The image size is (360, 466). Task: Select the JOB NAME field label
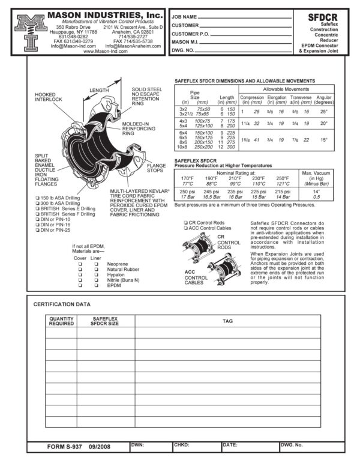click(185, 17)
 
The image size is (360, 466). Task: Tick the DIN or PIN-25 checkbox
click(37, 230)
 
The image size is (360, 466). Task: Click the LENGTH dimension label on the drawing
click(99, 91)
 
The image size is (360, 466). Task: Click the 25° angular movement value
click(323, 111)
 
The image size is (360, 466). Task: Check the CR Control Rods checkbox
click(185, 223)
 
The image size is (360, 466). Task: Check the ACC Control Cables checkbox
click(185, 228)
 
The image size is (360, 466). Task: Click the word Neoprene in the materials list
click(116, 264)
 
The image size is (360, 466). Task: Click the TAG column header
click(227, 321)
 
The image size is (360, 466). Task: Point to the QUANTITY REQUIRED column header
click(62, 321)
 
